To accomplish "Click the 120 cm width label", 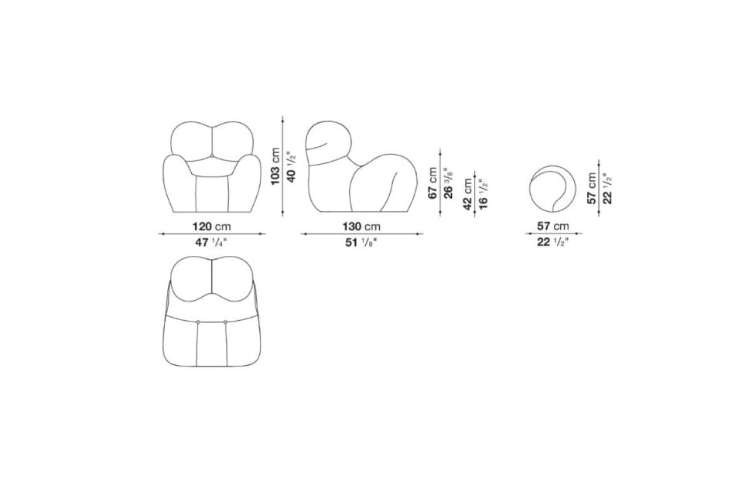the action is (x=211, y=226).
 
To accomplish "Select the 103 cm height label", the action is (x=275, y=166).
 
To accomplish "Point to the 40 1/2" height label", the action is (x=291, y=166).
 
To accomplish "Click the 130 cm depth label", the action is (x=361, y=226).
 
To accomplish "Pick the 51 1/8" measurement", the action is (x=361, y=243).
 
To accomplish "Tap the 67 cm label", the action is (x=432, y=183).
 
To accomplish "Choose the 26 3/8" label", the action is (x=449, y=183).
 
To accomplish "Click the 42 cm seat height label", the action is (x=467, y=194).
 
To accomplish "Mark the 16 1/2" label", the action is (x=484, y=194).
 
